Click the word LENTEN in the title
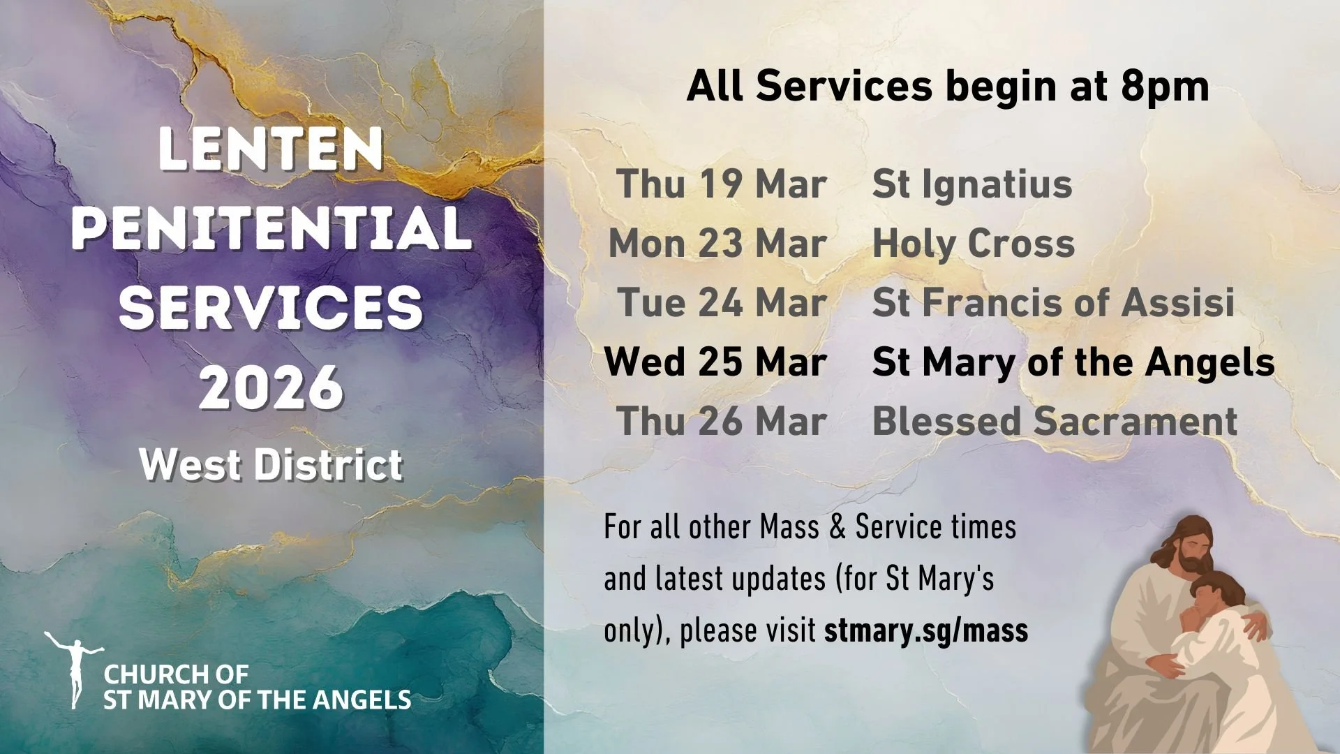point(271,149)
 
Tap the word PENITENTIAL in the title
point(271,228)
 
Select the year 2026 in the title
point(271,387)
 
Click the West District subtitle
point(271,465)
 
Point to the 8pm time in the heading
point(1165,87)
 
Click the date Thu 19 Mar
point(721,184)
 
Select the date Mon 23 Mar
point(717,244)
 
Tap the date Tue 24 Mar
point(722,303)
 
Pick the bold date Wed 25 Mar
point(715,362)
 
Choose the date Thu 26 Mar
point(722,422)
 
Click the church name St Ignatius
point(972,184)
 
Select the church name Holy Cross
point(974,244)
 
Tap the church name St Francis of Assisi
point(1053,303)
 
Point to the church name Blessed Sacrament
point(1055,422)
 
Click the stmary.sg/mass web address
point(926,630)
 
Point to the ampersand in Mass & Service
point(837,528)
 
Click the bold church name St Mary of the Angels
point(1073,362)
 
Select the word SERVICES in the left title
point(271,308)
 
